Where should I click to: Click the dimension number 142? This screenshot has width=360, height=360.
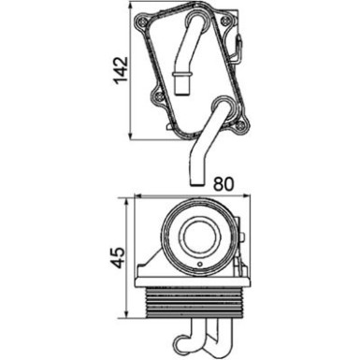119,72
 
